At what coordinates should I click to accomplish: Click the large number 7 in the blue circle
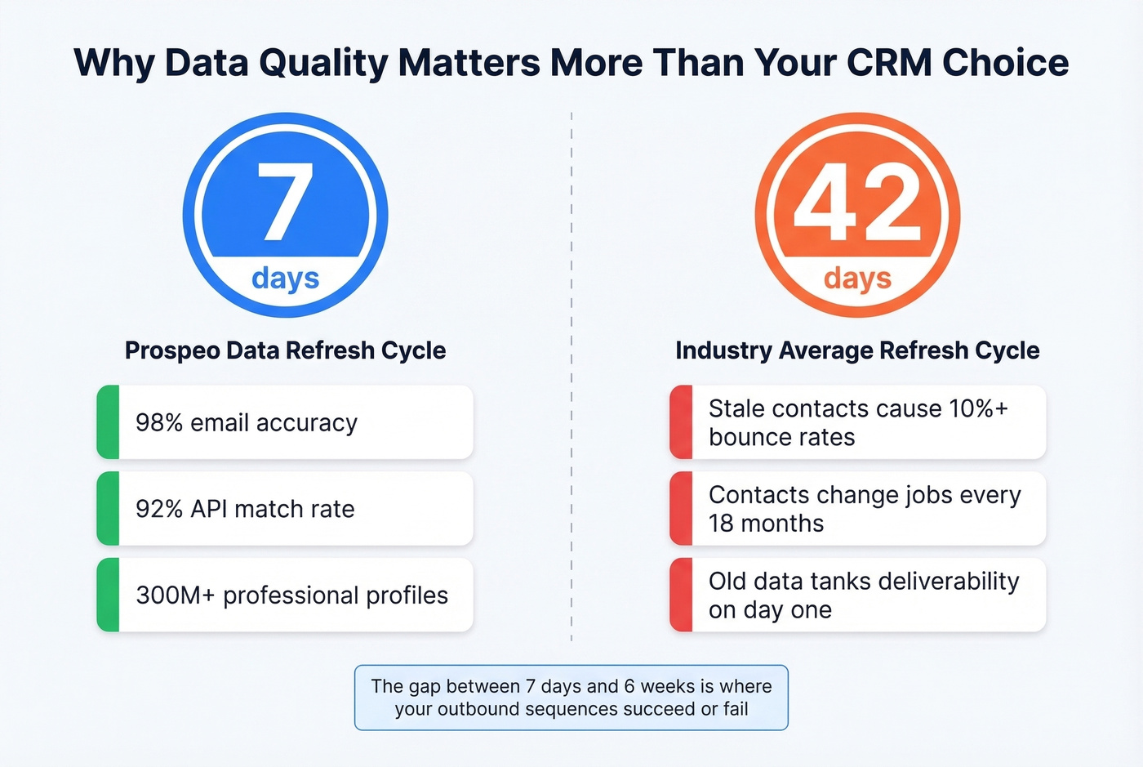(285, 202)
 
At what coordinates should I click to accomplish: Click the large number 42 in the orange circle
(857, 202)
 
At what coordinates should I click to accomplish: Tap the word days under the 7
(285, 279)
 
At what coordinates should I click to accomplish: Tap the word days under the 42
(857, 279)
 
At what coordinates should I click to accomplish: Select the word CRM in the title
(888, 63)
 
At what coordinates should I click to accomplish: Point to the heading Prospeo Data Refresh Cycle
(285, 350)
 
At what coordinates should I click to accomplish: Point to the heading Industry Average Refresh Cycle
(857, 350)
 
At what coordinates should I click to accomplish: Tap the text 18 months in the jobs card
(766, 524)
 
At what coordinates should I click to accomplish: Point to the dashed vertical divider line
(571, 376)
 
